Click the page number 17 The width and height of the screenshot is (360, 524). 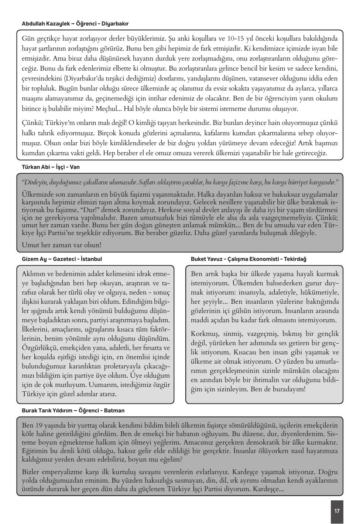[x=336, y=511]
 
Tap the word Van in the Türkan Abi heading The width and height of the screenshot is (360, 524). [x=75, y=167]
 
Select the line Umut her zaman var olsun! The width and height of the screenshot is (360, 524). [x=62, y=245]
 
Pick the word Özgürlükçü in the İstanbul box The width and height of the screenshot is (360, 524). [x=40, y=348]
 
